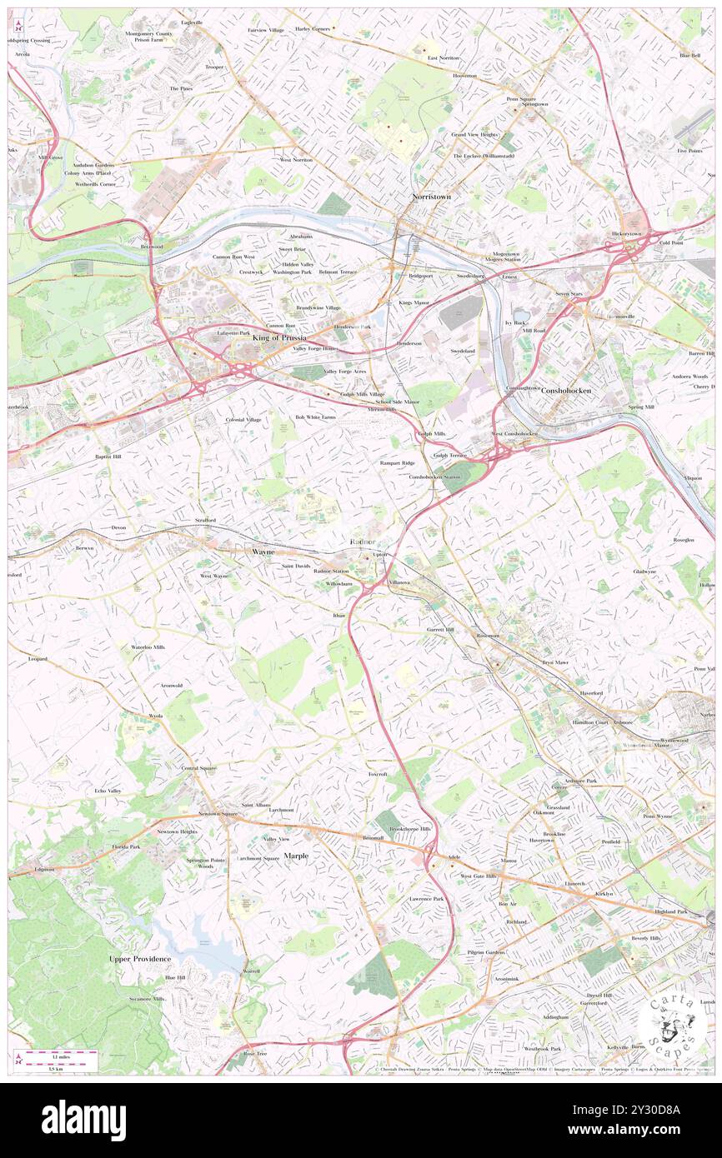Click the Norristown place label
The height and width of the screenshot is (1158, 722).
point(431,197)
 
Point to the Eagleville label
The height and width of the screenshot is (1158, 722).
point(192,22)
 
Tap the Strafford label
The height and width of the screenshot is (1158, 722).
point(205,520)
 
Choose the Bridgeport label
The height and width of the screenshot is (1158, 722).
point(420,275)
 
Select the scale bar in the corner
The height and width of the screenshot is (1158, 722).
point(58,1061)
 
